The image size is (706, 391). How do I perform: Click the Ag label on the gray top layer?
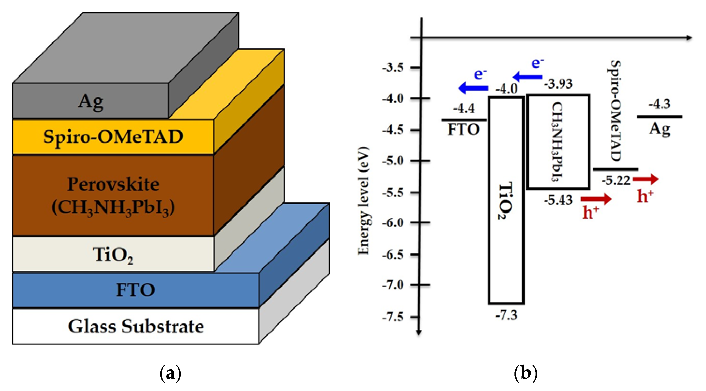91,102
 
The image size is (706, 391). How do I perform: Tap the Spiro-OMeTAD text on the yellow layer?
113,137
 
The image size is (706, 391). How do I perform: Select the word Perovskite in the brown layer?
113,184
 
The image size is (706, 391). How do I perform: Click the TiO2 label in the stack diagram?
113,255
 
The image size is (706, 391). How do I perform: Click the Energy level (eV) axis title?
363,201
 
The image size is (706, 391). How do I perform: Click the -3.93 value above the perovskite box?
558,83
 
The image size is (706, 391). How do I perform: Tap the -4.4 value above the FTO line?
463,109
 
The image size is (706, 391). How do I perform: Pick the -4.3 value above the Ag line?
659,104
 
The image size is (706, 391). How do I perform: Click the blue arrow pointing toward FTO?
473,88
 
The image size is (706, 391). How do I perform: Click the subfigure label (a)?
170,373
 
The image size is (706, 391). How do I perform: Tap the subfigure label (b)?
525,373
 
